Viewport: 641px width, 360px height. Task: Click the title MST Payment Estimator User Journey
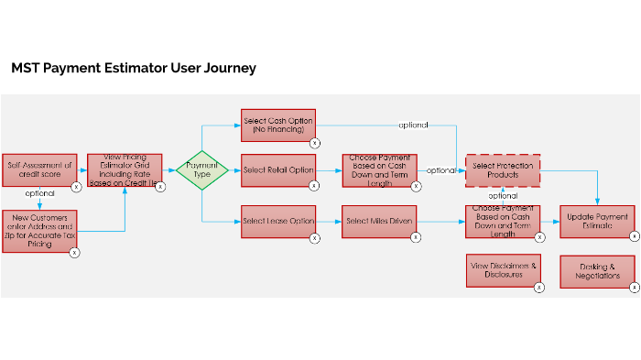pos(134,68)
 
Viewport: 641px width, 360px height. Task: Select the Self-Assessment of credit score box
pos(39,170)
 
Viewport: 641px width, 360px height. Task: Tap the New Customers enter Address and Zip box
pos(39,234)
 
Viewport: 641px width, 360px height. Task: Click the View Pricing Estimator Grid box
pos(125,170)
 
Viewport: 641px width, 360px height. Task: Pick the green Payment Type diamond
pos(201,170)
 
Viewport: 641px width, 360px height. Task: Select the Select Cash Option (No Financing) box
pos(278,125)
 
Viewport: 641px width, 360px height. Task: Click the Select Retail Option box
pos(278,169)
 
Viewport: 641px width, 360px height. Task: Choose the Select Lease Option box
pos(278,221)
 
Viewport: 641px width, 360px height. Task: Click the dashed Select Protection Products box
pos(503,169)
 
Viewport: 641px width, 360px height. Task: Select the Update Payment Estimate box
pos(597,221)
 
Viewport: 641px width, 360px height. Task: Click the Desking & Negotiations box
pos(597,270)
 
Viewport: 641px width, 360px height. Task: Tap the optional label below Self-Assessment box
pos(39,194)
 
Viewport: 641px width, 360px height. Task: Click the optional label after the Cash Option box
pos(413,125)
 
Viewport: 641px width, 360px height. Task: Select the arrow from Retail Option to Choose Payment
pos(329,170)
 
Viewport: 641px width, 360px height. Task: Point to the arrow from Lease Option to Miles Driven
pos(329,221)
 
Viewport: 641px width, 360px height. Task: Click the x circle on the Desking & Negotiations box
pos(634,288)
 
